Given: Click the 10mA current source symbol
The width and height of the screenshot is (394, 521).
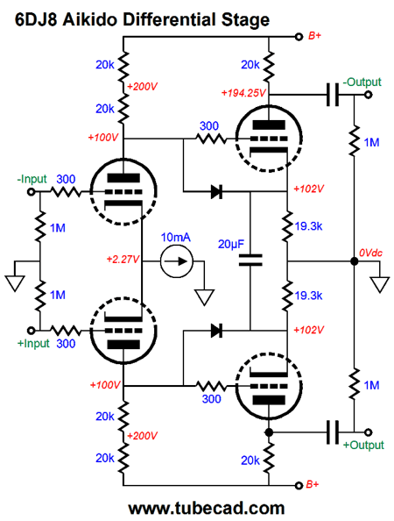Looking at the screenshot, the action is click(177, 261).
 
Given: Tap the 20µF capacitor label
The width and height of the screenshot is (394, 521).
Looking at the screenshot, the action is click(231, 244).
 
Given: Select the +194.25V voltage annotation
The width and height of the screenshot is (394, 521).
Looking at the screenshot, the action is click(243, 93).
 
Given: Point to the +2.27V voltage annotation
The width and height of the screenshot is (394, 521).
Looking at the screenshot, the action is click(123, 259).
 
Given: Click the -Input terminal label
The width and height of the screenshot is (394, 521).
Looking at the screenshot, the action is click(32, 179).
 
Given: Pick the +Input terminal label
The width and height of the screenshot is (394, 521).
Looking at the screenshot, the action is click(33, 343).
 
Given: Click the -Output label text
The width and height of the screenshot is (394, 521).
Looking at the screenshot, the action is click(362, 82).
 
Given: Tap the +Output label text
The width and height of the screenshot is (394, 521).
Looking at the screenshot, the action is click(363, 445).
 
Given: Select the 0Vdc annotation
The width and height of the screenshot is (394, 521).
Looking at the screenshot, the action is click(370, 253).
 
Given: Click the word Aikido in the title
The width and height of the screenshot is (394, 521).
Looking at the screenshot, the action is click(91, 20).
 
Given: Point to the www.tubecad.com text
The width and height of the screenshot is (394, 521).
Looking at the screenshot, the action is click(207, 509).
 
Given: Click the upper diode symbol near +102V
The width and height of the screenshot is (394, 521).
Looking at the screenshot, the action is click(216, 192).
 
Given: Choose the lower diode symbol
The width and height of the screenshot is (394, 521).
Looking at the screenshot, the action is click(216, 331).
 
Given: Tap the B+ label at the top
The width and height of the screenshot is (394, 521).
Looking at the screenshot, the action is click(314, 36).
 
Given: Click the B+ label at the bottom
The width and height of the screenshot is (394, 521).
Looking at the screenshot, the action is click(312, 484).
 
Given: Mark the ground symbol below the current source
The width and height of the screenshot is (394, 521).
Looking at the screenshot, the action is click(204, 296).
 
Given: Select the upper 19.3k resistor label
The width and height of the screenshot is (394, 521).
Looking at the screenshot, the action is click(308, 226).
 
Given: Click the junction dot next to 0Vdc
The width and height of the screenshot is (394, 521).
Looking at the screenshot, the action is click(355, 261).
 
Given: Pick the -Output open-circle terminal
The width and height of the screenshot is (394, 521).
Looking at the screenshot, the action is click(368, 95).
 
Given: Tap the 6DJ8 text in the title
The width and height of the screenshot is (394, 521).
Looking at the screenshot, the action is click(36, 20).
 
